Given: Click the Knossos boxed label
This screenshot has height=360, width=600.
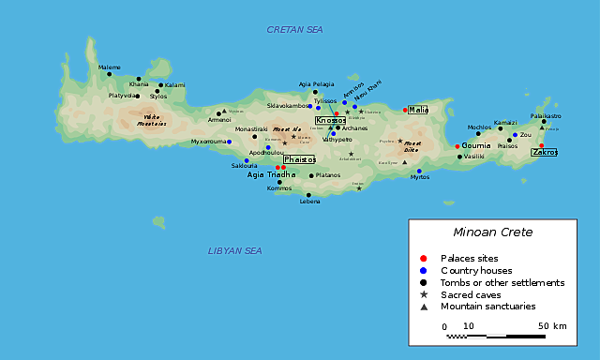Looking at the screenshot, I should (330, 121).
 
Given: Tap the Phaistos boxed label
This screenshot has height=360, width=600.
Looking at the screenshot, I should (299, 159).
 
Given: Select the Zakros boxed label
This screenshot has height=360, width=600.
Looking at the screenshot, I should (545, 152).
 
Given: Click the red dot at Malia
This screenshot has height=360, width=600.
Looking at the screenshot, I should (405, 110).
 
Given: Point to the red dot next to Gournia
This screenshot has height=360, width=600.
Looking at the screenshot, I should (457, 146).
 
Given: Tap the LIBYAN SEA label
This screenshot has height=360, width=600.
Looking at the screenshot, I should (235, 251).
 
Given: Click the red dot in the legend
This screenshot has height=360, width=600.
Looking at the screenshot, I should (424, 258).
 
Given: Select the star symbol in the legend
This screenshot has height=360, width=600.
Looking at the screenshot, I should (424, 294).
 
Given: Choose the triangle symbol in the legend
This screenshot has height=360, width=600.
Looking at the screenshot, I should (424, 307).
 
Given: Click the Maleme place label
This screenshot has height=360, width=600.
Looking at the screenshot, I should (110, 67).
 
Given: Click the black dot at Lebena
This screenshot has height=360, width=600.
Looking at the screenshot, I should (308, 195).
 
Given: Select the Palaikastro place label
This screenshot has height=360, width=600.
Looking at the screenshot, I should (546, 115).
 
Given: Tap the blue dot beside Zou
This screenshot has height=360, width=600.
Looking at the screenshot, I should (515, 135).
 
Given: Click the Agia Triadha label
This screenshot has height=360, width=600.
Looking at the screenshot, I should (270, 175).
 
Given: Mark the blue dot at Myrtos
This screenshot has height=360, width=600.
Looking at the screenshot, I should (419, 171).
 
